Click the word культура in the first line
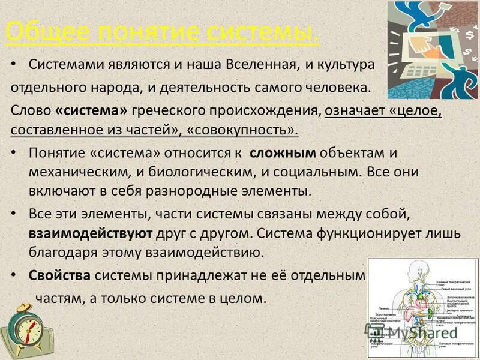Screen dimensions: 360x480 click(x=347, y=64)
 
